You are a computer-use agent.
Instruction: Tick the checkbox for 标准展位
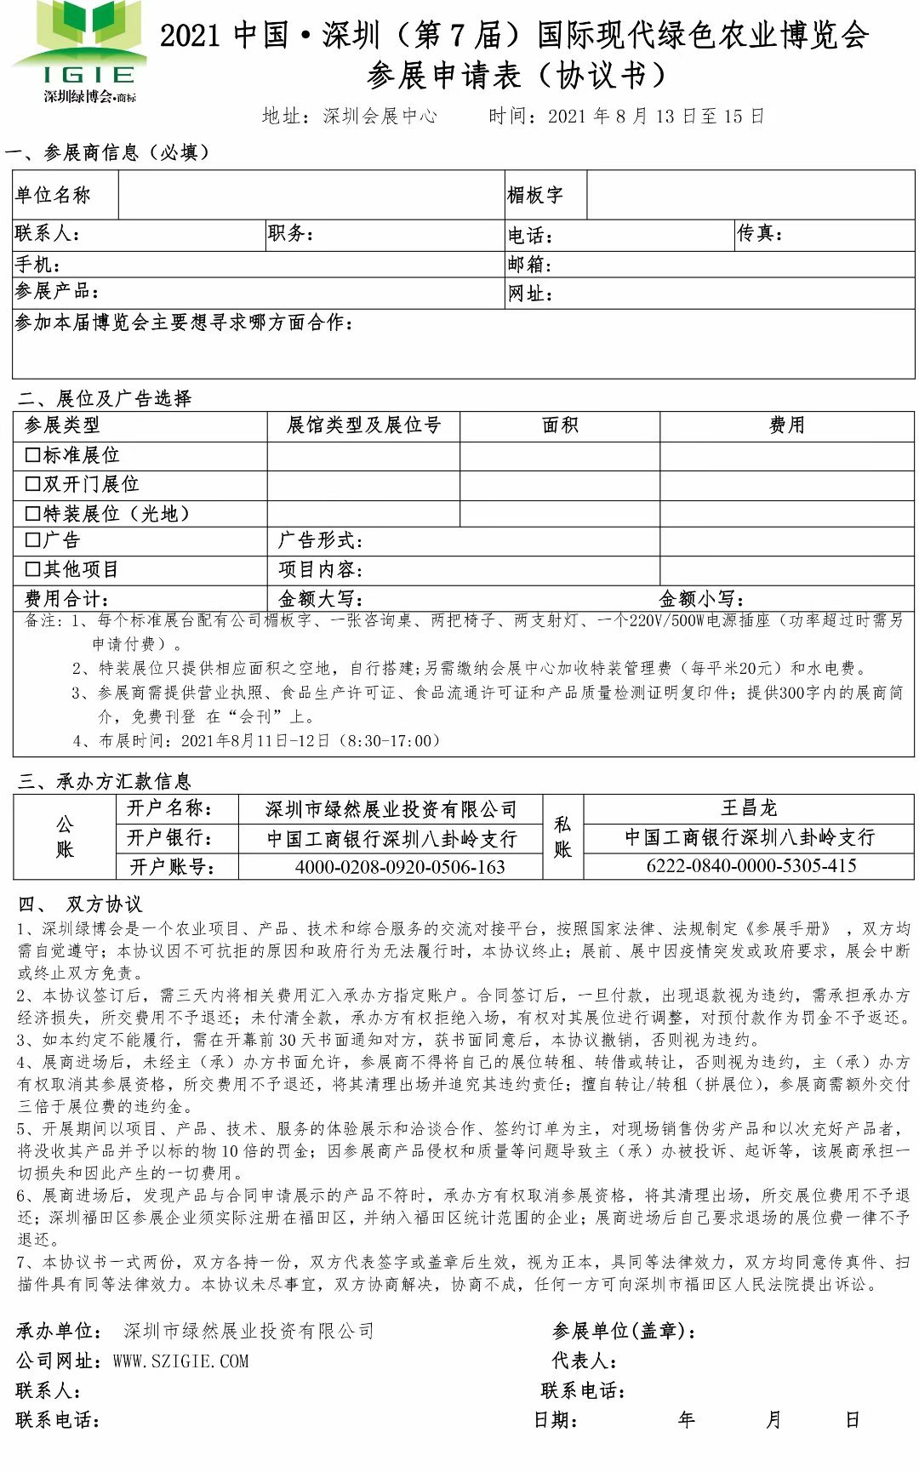[33, 455]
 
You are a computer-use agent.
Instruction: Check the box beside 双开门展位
[33, 484]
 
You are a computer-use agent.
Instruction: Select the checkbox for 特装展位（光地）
[33, 513]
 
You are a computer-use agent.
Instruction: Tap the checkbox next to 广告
[33, 540]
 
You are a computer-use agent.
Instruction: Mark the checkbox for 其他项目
[33, 569]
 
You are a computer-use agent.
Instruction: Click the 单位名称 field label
[53, 196]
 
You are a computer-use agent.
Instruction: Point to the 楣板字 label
[535, 196]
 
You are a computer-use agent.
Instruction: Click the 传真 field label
[759, 234]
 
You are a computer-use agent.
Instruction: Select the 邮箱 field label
[529, 265]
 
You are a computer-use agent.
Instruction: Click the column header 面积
[560, 425]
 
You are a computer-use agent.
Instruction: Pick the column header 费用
[786, 425]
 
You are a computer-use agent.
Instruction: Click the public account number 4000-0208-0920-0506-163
[400, 867]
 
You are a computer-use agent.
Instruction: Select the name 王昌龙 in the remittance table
[749, 807]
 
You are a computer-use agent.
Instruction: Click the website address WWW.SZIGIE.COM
[180, 1361]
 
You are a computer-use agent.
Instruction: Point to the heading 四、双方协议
[80, 904]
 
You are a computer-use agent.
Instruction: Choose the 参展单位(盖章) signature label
[624, 1331]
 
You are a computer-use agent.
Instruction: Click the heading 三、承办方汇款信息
[104, 781]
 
